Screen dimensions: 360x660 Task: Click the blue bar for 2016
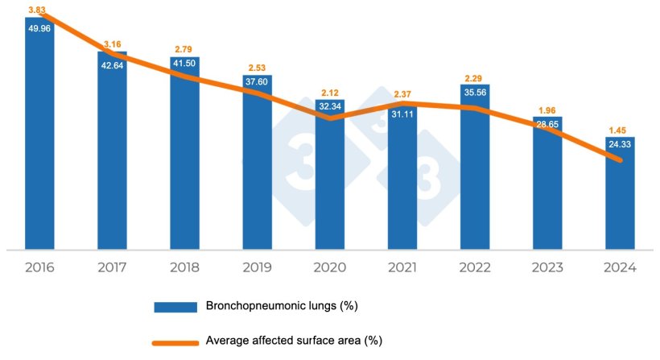pyautogui.click(x=39, y=137)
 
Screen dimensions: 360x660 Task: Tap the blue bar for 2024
pyautogui.click(x=619, y=197)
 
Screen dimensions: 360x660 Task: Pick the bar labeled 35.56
pyautogui.click(x=474, y=169)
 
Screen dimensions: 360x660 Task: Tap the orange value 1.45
pyautogui.click(x=619, y=129)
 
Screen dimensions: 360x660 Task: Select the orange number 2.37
pyautogui.click(x=402, y=94)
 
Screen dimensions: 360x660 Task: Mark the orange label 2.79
pyautogui.click(x=184, y=48)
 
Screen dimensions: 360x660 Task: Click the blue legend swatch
pyautogui.click(x=176, y=306)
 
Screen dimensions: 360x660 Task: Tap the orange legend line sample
pyautogui.click(x=176, y=341)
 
